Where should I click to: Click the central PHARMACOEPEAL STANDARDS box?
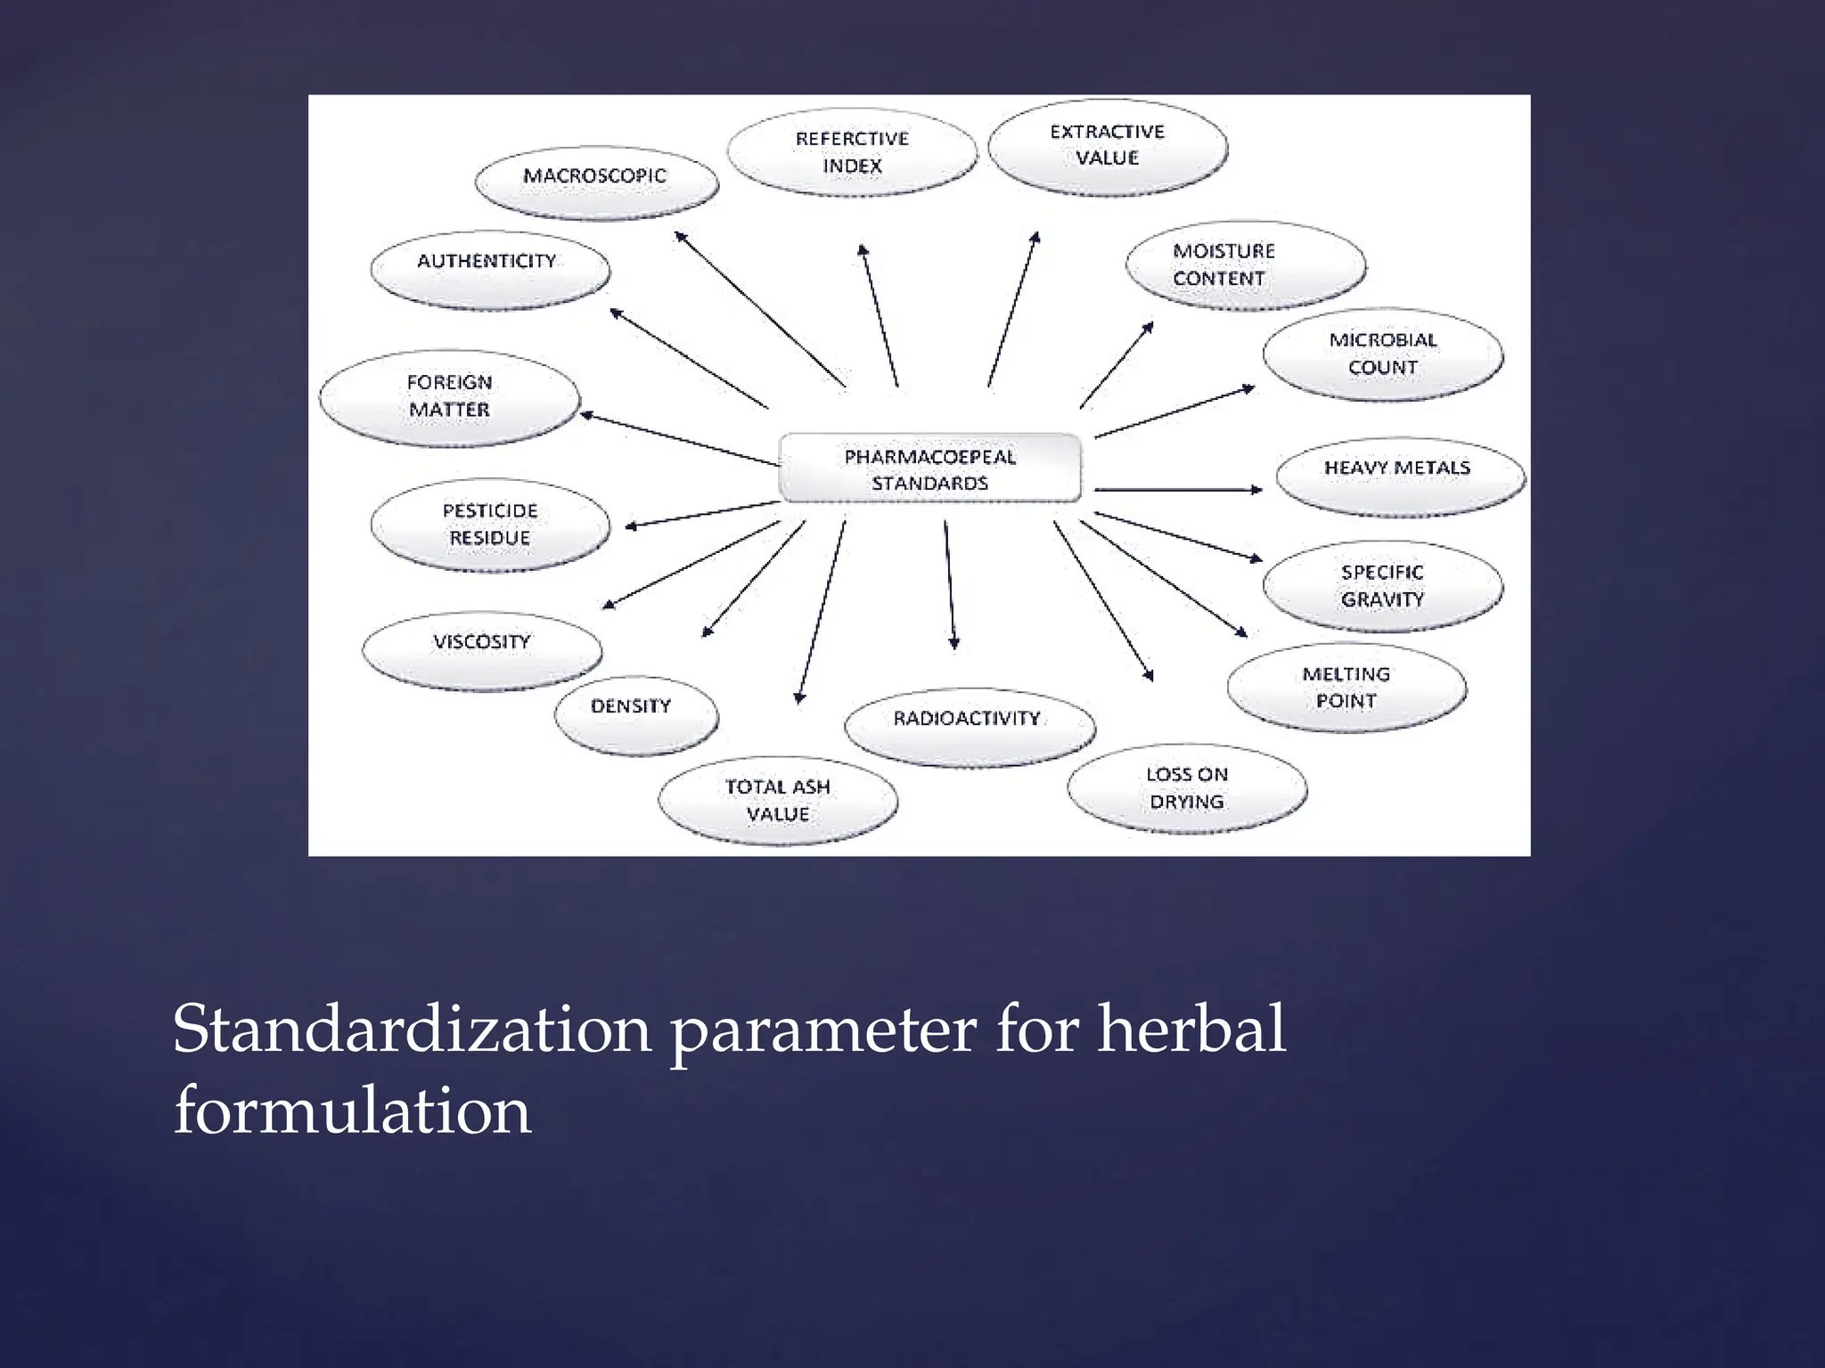pos(929,469)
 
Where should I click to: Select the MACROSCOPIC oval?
pos(595,182)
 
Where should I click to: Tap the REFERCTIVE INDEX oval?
pos(852,152)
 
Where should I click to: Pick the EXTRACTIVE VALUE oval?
pos(1107,146)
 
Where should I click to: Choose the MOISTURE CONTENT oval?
pos(1244,265)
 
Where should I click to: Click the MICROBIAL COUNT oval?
pos(1382,354)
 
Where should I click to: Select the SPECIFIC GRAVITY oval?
pos(1382,586)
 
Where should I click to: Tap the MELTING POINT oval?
pos(1346,688)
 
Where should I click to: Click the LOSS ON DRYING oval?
pos(1187,788)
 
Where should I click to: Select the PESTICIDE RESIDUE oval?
pos(490,525)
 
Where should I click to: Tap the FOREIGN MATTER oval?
pos(449,396)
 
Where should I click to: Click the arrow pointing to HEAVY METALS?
pos(1178,489)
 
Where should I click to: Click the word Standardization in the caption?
pos(412,1030)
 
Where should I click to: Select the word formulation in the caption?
pos(353,1112)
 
